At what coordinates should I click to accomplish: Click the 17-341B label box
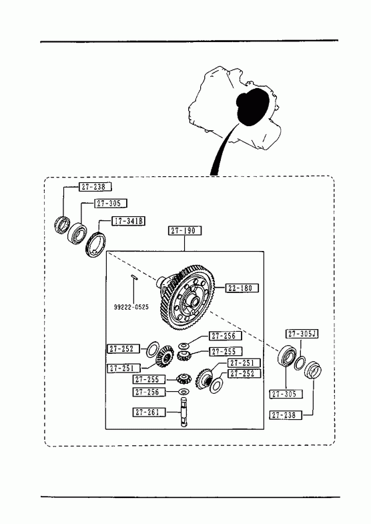pyautogui.click(x=128, y=221)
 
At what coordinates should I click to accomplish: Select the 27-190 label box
pyautogui.click(x=185, y=230)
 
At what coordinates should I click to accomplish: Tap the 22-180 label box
pyautogui.click(x=242, y=288)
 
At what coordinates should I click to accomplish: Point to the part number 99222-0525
pyautogui.click(x=131, y=307)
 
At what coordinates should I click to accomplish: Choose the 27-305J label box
pyautogui.click(x=302, y=334)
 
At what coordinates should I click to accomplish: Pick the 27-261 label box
pyautogui.click(x=149, y=412)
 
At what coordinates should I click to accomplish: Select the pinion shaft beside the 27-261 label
pyautogui.click(x=184, y=412)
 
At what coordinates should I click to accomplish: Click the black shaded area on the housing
pyautogui.click(x=252, y=106)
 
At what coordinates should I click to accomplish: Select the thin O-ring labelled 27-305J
pyautogui.click(x=300, y=363)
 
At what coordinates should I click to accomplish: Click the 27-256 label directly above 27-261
pyautogui.click(x=149, y=392)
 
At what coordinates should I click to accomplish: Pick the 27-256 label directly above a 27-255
pyautogui.click(x=226, y=336)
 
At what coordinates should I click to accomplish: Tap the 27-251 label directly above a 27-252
pyautogui.click(x=244, y=363)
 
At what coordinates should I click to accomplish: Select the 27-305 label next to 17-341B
pyautogui.click(x=111, y=203)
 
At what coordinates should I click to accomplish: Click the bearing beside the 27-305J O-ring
pyautogui.click(x=287, y=357)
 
